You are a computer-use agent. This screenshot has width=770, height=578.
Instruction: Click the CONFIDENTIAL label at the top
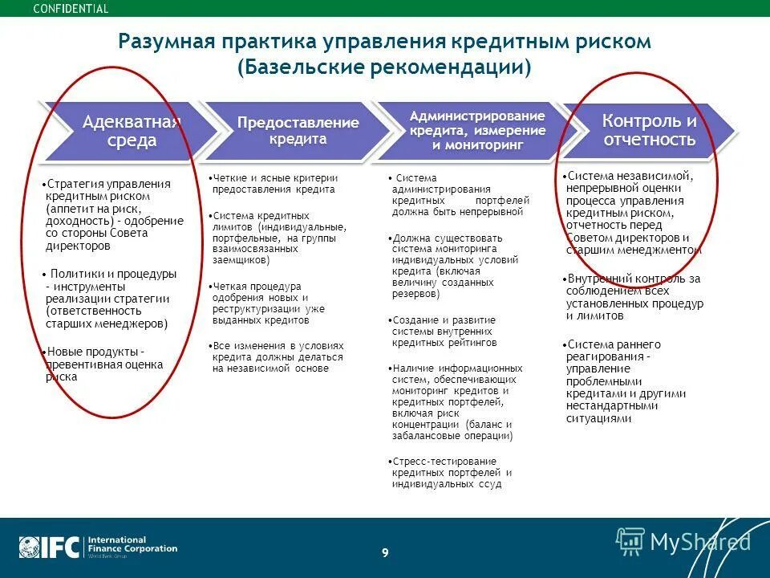coord(71,9)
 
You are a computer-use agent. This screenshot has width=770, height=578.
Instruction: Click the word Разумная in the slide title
coord(164,41)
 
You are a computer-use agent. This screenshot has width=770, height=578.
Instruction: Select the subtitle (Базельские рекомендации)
coord(384,67)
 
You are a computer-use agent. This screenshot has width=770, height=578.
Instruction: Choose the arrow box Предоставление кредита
coord(298,130)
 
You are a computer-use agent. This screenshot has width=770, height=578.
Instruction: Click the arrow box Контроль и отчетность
coord(648,130)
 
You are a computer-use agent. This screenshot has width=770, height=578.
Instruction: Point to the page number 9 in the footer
coord(385,552)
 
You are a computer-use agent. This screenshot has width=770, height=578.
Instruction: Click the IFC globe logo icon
coord(30,547)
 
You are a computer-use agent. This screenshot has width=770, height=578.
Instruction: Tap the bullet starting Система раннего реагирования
coord(626,381)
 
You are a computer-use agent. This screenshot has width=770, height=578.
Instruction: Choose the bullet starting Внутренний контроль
coord(634,297)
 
